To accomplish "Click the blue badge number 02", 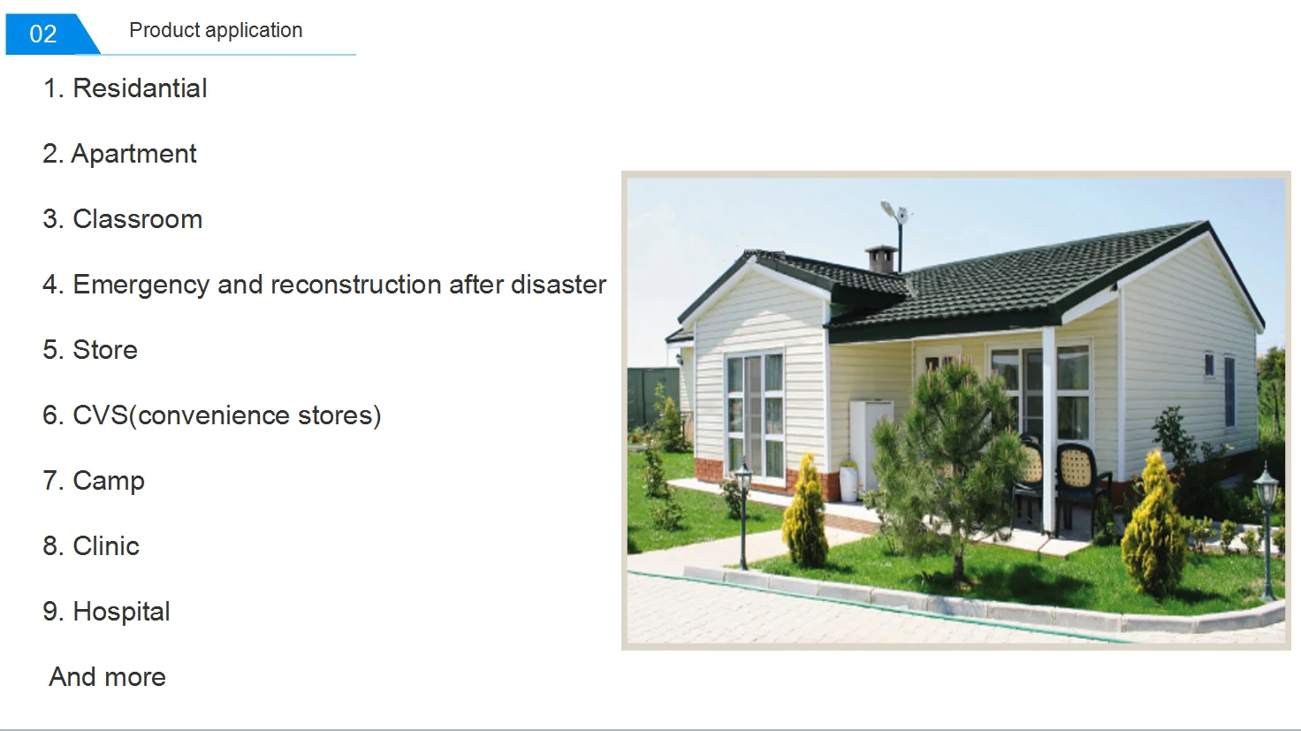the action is (43, 34).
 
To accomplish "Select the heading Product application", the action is (216, 30).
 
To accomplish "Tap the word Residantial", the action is (140, 88).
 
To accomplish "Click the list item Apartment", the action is (119, 154).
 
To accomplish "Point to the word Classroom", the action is (137, 219).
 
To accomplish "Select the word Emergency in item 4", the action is (141, 286).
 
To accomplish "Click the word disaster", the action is (559, 285).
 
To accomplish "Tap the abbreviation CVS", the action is (100, 415).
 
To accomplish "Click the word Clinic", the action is (106, 546).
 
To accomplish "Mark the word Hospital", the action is (121, 613).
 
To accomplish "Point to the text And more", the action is (108, 677).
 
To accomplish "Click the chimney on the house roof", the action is (882, 259).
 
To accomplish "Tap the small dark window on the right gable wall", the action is (1209, 365).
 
